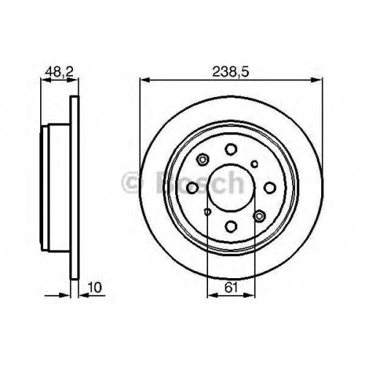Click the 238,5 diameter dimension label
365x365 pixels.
(x=231, y=72)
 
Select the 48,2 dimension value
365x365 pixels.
(x=59, y=72)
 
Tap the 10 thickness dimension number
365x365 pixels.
(x=95, y=288)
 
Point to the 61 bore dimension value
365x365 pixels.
(x=231, y=288)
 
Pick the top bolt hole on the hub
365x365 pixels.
(x=231, y=150)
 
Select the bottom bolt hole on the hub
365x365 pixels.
(x=231, y=226)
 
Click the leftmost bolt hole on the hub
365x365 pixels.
(x=193, y=188)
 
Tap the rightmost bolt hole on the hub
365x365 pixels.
(x=269, y=188)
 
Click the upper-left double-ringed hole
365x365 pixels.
(x=202, y=160)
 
